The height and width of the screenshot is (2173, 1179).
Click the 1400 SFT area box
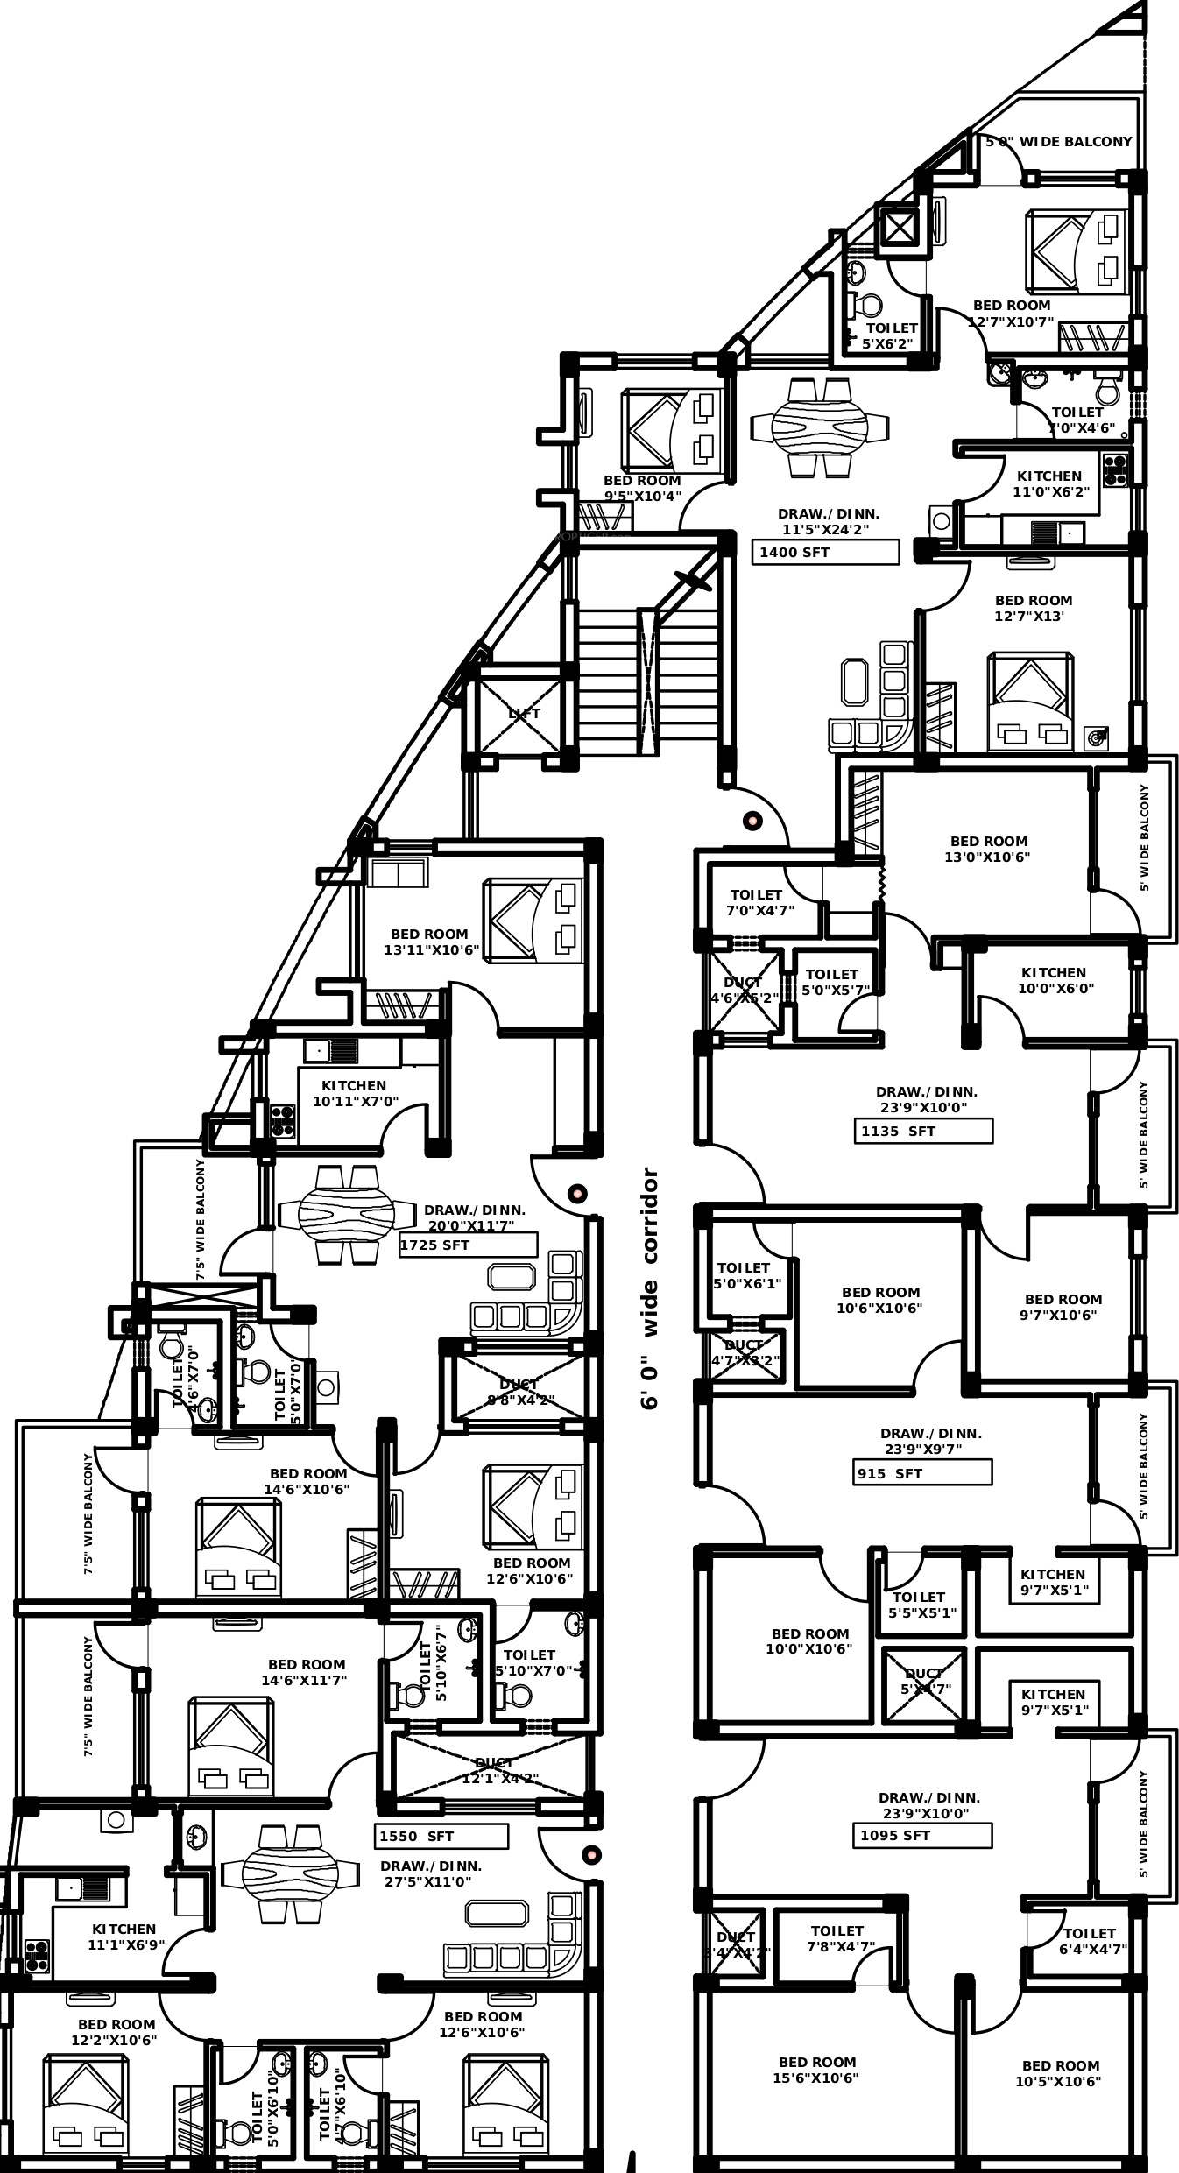tap(825, 552)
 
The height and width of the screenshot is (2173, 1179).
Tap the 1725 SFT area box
tap(468, 1245)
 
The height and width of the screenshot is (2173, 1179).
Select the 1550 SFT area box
tap(442, 1836)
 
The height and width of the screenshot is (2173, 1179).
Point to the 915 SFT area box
tap(922, 1473)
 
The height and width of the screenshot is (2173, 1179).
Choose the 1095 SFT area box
tap(922, 1835)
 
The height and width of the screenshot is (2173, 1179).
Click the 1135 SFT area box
tap(923, 1131)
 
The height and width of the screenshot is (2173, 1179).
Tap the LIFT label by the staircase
tap(524, 714)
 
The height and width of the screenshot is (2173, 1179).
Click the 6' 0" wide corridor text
tap(649, 1288)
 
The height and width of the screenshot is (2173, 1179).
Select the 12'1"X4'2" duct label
tap(499, 1771)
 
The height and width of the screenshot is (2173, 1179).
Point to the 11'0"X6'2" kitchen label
tap(1049, 484)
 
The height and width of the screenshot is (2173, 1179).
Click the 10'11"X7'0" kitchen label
tap(355, 1093)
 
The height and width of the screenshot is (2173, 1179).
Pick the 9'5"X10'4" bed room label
tap(642, 489)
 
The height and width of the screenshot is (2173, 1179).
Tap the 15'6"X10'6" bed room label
tap(817, 2070)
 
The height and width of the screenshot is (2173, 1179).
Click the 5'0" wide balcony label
tap(1059, 142)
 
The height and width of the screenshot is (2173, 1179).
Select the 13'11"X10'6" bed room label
tap(430, 942)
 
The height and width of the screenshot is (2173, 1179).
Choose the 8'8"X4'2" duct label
tap(520, 1393)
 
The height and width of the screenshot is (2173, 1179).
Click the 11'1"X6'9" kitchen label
tap(124, 1937)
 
